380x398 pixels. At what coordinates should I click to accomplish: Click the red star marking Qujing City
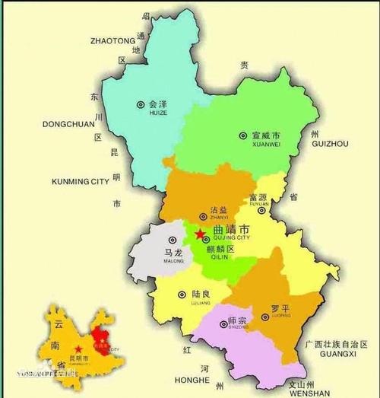pyautogui.click(x=199, y=234)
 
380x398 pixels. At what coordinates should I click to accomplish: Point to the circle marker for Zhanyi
pyautogui.click(x=202, y=216)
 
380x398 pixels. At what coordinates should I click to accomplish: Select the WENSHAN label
pyautogui.click(x=309, y=393)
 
